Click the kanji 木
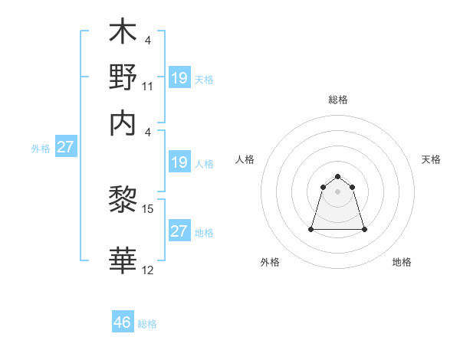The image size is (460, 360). [123, 34]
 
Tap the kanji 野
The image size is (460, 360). [123, 77]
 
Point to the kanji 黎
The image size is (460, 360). [123, 201]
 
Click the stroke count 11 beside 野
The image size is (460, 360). [148, 87]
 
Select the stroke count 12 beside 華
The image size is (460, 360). [148, 270]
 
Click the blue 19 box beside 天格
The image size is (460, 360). [179, 78]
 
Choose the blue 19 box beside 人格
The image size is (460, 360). [179, 162]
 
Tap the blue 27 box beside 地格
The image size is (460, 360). [179, 231]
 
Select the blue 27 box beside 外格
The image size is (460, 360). [65, 147]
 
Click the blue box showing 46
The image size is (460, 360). [123, 322]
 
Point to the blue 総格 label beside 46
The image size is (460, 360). [148, 324]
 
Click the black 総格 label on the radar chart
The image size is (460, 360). [337, 100]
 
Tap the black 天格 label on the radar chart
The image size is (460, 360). [432, 159]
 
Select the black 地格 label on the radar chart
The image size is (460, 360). [402, 262]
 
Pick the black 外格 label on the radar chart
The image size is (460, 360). [270, 262]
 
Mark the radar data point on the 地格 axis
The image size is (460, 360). [363, 229]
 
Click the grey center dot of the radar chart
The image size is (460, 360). [337, 191]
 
